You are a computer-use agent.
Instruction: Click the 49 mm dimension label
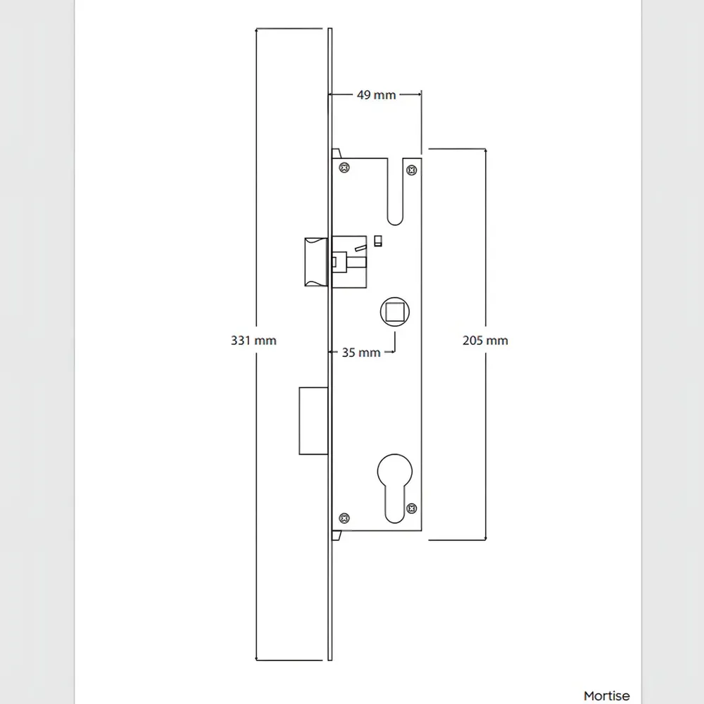tap(376, 95)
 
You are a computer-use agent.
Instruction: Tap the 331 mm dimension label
tap(253, 340)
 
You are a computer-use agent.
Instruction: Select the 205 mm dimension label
tap(485, 340)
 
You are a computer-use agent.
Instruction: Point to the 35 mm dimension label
tap(361, 353)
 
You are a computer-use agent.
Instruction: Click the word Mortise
tap(607, 696)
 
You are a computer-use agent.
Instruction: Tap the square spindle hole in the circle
tap(395, 312)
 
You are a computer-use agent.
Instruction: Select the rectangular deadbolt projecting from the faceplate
tap(313, 421)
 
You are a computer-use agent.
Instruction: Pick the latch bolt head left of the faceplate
tap(316, 262)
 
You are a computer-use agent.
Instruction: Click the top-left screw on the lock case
tap(344, 168)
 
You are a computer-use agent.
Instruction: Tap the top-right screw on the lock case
tap(411, 170)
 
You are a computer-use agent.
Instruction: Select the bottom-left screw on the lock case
tap(344, 518)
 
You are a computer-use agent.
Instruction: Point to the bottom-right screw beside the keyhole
tap(411, 508)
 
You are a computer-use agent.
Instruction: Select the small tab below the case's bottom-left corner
tap(337, 535)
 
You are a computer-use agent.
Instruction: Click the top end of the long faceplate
tap(330, 29)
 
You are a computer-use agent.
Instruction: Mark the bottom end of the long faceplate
tap(330, 660)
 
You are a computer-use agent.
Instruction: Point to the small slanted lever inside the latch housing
tap(360, 247)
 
